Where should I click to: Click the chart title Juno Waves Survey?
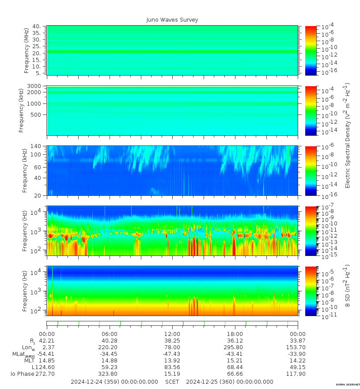[x=172, y=20]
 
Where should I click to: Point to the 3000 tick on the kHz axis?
[x=35, y=86]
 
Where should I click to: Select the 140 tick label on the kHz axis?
[x=36, y=146]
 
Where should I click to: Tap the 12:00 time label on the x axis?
[x=172, y=334]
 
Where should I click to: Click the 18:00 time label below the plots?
[x=235, y=334]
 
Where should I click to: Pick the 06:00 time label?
[x=109, y=334]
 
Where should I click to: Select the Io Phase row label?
[x=22, y=374]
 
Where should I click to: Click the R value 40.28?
[x=109, y=341]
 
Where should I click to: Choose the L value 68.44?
[x=235, y=367]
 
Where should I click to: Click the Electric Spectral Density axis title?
[x=348, y=135]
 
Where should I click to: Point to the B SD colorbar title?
[x=348, y=286]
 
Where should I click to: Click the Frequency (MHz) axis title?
[x=27, y=50]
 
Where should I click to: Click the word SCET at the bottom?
[x=172, y=382]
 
